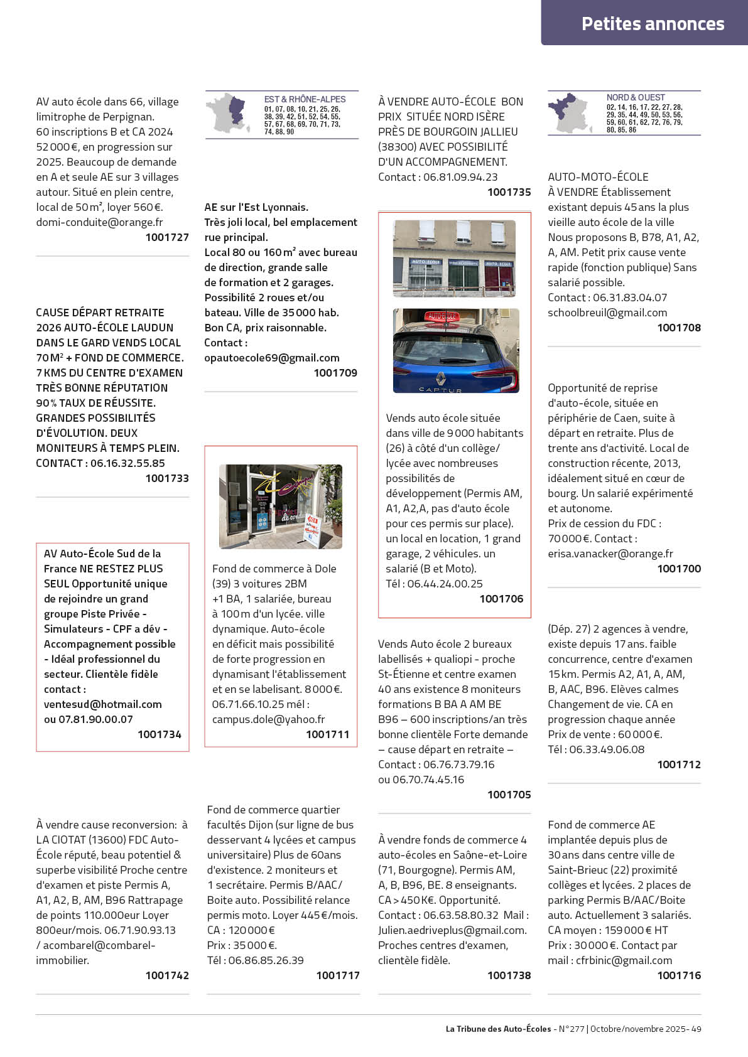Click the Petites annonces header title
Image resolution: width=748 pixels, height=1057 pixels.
click(653, 24)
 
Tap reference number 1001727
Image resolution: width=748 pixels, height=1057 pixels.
click(167, 237)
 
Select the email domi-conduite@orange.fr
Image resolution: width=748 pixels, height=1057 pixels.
click(99, 222)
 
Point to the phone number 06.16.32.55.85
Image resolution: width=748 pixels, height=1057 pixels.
click(127, 463)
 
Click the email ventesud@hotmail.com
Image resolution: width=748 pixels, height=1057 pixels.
click(103, 704)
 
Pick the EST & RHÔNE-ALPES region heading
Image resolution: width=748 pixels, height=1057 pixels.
click(305, 99)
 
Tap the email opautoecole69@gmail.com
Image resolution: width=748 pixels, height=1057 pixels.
click(272, 358)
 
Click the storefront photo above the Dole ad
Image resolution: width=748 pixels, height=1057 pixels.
click(280, 506)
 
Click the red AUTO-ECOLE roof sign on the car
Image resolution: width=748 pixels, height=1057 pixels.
click(442, 317)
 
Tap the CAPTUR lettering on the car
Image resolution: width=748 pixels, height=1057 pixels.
click(440, 390)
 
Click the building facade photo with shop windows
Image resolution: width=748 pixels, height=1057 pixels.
click(454, 258)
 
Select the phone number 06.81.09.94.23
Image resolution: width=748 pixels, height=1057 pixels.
click(460, 177)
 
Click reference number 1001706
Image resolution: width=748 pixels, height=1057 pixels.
click(501, 599)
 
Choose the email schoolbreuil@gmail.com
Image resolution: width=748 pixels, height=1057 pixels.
click(607, 313)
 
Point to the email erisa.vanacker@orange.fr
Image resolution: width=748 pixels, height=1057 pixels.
click(610, 554)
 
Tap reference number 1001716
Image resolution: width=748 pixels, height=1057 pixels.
click(679, 975)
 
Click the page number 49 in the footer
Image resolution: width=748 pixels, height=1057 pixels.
click(696, 1029)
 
